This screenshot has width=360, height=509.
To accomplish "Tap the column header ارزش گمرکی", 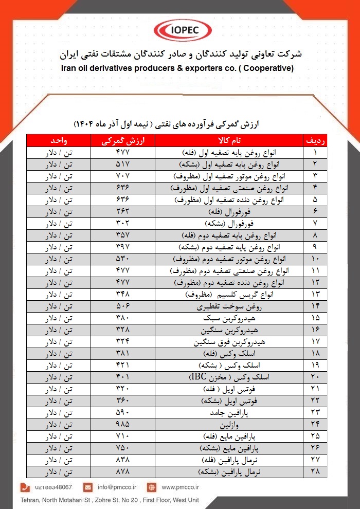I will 123,140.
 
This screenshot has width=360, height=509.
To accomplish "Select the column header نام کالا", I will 229,140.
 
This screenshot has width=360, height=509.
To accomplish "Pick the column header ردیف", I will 315,140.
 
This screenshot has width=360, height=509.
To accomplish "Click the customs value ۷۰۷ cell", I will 123,176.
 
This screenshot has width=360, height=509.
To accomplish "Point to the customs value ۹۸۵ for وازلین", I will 123,424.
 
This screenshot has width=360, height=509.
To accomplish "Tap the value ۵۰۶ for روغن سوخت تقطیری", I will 123,306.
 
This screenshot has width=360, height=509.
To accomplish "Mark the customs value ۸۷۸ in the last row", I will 123,471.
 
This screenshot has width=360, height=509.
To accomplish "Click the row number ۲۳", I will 315,412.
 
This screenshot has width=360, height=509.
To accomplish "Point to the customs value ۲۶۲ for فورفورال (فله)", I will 123,211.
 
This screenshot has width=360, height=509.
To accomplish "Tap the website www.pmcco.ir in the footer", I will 180,487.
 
